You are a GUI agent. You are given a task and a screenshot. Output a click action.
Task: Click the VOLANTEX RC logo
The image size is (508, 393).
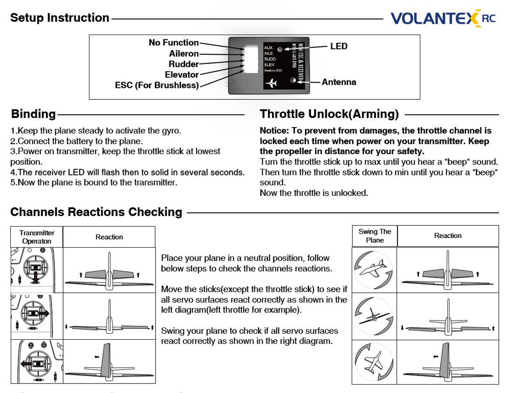pos(443,18)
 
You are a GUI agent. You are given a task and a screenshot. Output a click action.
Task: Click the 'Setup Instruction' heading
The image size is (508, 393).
pos(60,18)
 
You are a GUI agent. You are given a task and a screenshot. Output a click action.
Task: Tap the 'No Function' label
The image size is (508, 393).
pos(173,43)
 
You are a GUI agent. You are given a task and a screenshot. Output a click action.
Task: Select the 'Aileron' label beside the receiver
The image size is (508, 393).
pos(183,54)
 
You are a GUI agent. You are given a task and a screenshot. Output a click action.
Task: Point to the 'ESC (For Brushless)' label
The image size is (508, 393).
pos(157,85)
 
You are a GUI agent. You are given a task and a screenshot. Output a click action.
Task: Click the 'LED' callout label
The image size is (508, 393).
pos(339,46)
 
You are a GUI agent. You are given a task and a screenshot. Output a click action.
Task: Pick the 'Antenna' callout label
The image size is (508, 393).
pos(339,82)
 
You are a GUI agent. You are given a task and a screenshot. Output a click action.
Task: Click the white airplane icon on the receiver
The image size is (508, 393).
pos(271,83)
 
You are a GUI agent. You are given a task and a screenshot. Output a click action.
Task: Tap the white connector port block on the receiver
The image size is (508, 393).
pos(251,59)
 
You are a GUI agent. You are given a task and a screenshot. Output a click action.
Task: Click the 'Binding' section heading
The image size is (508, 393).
pos(33,114)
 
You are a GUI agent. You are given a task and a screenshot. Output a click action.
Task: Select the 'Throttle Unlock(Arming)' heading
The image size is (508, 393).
pos(329,114)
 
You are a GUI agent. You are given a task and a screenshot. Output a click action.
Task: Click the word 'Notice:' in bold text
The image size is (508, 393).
pos(274,131)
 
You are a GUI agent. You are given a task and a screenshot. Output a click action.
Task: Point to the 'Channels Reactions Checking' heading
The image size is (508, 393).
pos(96,212)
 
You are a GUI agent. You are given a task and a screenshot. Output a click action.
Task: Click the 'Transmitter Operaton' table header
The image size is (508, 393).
pos(37,237)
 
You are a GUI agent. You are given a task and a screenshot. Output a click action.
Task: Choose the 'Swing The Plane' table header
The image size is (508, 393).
pos(375,236)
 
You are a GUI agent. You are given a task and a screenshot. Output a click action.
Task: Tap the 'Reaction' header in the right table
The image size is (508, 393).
pos(448,236)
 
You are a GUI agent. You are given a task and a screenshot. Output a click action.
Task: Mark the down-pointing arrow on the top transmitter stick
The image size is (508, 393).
pos(36,277)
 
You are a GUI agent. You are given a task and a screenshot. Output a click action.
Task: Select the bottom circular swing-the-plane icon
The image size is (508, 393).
pos(374,362)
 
